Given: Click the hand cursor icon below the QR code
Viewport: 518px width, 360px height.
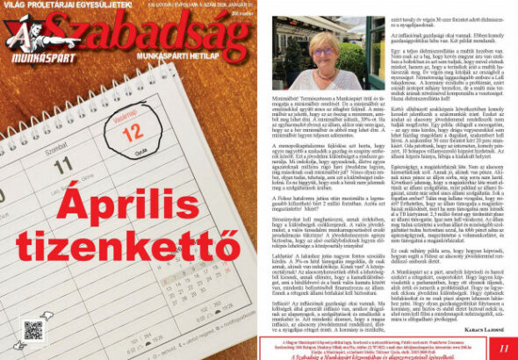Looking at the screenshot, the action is (x=33, y=350).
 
